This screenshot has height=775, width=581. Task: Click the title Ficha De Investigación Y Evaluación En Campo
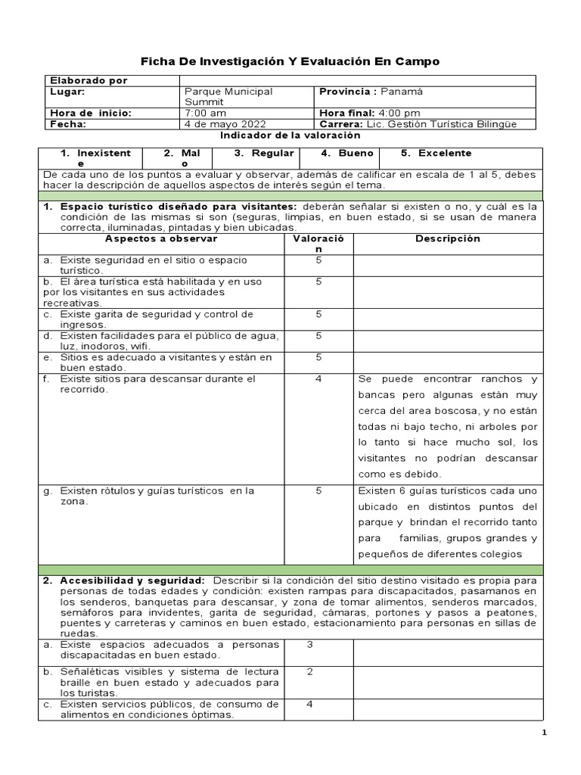[290, 60]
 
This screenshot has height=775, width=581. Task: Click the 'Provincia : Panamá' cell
[371, 92]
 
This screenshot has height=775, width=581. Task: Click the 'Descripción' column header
[448, 238]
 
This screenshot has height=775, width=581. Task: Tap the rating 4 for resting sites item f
[318, 378]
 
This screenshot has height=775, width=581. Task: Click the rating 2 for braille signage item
[310, 671]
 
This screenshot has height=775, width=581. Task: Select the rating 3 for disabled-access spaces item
[310, 645]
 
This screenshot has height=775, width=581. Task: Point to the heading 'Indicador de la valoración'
[279, 135]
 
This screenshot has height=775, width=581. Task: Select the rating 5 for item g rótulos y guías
[318, 490]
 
